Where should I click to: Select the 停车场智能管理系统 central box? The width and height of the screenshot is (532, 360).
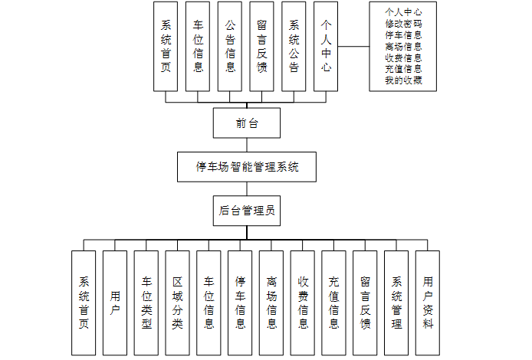[247, 165]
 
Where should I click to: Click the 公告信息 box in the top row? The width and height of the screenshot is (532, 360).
[230, 47]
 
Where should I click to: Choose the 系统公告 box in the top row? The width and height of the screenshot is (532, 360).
[294, 47]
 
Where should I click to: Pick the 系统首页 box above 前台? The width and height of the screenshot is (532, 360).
[166, 47]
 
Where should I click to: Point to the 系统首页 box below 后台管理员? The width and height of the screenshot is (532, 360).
[84, 303]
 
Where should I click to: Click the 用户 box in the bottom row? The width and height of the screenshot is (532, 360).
[115, 303]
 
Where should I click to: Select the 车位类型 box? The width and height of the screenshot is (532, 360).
[146, 303]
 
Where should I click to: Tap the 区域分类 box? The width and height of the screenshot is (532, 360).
[177, 303]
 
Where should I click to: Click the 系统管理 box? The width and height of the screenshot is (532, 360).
[396, 303]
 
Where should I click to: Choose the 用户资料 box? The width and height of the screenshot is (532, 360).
[428, 303]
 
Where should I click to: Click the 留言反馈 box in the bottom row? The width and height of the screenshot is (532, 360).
[365, 303]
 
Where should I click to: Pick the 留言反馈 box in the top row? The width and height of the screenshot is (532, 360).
[261, 47]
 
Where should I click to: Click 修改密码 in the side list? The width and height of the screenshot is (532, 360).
[403, 24]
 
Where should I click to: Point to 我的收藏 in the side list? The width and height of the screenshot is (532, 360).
[403, 80]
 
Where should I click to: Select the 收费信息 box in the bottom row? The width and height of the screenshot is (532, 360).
[303, 303]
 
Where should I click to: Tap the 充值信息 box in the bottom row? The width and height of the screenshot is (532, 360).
[333, 303]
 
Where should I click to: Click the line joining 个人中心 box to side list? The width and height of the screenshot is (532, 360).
[353, 47]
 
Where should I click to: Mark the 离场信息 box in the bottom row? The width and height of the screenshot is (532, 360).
[271, 303]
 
